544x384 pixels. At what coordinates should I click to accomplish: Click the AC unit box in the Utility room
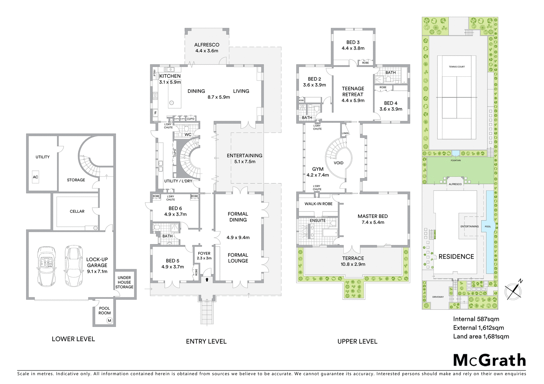[x=35, y=177]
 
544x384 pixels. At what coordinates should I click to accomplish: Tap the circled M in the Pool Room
[x=109, y=320]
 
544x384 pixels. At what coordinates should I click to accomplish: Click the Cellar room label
[x=77, y=211]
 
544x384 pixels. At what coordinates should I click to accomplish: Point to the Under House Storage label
[x=124, y=282]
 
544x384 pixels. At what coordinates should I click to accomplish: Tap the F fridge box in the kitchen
[x=155, y=113]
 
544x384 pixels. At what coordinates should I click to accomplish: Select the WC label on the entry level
[x=188, y=134]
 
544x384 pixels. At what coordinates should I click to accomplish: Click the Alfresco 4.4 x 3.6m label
[x=206, y=48]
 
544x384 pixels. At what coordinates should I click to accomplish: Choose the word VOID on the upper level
[x=338, y=163]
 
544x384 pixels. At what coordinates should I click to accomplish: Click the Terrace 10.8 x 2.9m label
[x=353, y=261]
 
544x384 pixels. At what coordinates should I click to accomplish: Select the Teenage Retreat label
[x=353, y=94]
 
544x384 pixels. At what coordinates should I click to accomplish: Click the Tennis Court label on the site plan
[x=456, y=67]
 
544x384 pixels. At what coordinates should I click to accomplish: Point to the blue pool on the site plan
[x=489, y=231]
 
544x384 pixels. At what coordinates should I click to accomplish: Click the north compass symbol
[x=514, y=290]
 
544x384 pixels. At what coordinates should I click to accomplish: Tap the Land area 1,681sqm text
[x=481, y=336]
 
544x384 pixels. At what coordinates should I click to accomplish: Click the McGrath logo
[x=490, y=360]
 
